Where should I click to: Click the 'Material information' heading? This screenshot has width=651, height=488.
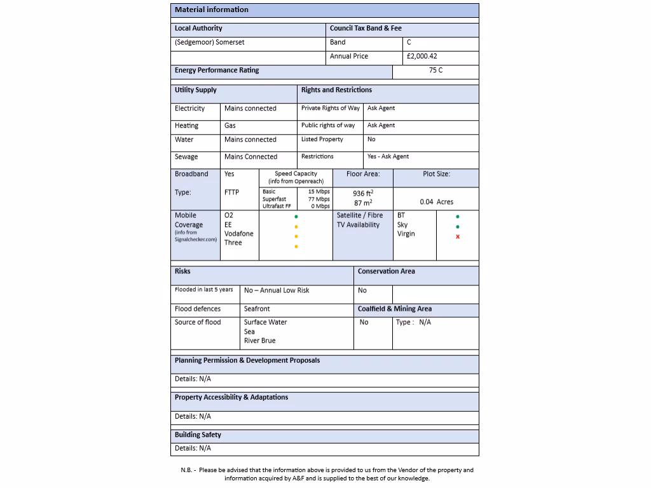click(x=212, y=10)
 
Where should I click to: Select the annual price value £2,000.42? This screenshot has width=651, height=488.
click(x=422, y=56)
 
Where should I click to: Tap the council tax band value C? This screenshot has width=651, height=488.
click(x=409, y=42)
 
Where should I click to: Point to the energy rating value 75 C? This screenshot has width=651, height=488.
click(x=435, y=71)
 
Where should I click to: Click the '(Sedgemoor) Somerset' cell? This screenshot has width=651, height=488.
click(x=210, y=42)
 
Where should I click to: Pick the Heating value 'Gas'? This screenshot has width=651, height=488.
click(x=230, y=125)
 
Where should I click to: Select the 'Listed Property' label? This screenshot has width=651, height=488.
click(x=322, y=139)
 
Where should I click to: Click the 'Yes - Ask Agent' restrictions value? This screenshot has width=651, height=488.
click(x=388, y=156)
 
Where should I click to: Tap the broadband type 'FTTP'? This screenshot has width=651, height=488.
click(x=231, y=192)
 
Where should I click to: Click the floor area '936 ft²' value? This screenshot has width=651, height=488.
click(x=363, y=193)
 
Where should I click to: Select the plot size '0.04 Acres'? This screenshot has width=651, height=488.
click(x=436, y=201)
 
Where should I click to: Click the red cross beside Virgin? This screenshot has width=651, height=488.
click(x=458, y=237)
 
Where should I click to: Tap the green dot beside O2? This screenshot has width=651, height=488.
click(x=296, y=216)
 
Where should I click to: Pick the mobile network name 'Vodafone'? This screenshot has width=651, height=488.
click(x=238, y=233)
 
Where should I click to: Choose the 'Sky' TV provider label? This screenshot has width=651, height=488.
click(x=402, y=224)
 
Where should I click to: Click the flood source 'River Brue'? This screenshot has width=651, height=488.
click(x=259, y=341)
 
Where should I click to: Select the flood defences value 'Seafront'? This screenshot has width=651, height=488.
click(x=257, y=309)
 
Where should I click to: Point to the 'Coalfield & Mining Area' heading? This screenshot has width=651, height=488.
click(x=394, y=309)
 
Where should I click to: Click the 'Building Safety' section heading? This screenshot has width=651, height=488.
click(x=198, y=435)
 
